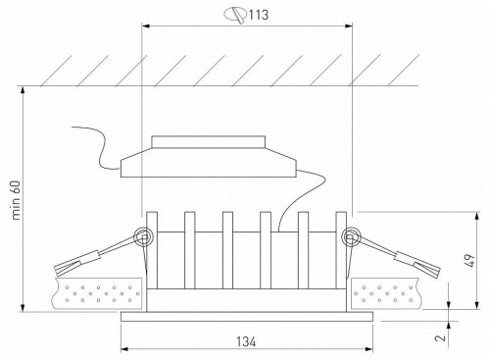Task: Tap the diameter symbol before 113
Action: click(x=233, y=15)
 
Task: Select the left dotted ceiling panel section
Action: click(x=93, y=292)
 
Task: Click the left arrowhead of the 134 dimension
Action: click(x=123, y=351)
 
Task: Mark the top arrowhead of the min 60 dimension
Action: click(x=21, y=91)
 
